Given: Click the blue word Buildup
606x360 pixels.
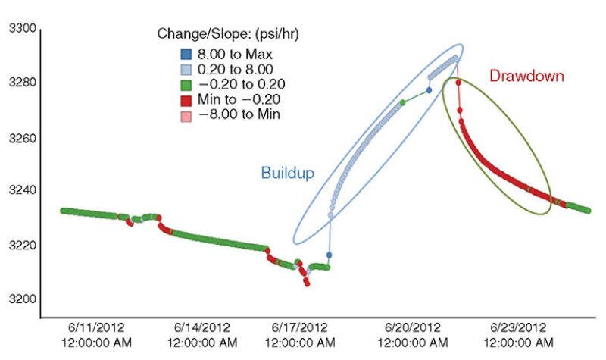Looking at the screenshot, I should tap(287, 172).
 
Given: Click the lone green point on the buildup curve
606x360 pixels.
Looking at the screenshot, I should tap(403, 102).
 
